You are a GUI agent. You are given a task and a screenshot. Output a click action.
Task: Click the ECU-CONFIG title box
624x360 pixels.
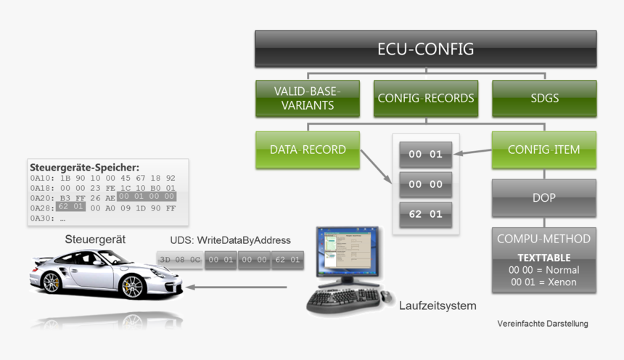[x=425, y=49]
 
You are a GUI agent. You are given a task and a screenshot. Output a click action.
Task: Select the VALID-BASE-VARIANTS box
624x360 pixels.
[x=308, y=98]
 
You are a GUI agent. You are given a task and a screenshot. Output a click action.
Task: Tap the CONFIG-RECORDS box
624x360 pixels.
[x=425, y=98]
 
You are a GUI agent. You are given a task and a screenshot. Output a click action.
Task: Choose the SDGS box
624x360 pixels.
[x=543, y=98]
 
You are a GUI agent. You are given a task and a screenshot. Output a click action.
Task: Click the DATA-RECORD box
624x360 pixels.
[x=308, y=150]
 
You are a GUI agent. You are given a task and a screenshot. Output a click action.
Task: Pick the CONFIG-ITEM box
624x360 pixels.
[x=543, y=150]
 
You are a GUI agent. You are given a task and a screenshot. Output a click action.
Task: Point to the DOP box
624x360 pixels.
[x=543, y=198]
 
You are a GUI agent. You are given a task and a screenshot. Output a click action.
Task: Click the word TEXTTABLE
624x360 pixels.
[x=543, y=258]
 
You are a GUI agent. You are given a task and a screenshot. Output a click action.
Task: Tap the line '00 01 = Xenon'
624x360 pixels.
[x=543, y=281]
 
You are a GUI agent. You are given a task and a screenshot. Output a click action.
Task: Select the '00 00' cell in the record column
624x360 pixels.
[x=425, y=184]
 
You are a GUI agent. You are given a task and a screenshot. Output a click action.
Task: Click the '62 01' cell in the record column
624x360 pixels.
[x=425, y=214]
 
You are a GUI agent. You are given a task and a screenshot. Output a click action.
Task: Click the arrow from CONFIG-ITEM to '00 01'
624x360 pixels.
[x=472, y=152]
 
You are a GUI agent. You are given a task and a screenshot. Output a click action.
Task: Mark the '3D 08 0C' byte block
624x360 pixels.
[x=180, y=259]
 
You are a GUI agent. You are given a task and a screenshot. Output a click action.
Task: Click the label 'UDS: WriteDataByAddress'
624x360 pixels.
[x=230, y=240]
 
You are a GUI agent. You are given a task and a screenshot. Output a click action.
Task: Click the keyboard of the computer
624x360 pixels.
[x=344, y=297]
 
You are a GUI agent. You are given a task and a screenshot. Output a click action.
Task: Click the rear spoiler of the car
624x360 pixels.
[x=45, y=259]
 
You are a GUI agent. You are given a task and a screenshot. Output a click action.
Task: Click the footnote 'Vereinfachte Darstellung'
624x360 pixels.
[x=542, y=324]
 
